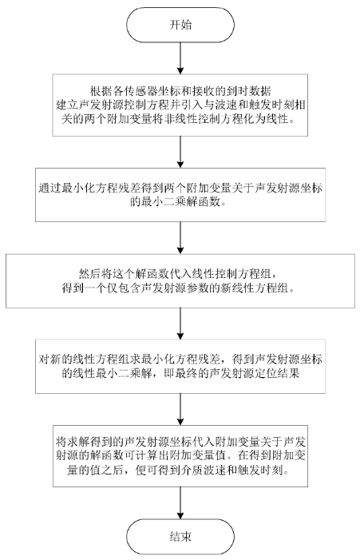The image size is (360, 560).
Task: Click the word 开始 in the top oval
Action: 180,25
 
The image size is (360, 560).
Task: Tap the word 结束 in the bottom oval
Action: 180,536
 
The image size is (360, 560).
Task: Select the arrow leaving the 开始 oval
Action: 180,58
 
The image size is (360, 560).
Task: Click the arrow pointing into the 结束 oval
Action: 180,502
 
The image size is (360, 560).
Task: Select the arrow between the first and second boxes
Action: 180,152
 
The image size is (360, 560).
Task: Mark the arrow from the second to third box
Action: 180,238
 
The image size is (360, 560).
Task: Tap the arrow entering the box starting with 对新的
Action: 180,324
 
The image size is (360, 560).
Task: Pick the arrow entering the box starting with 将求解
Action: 180,409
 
